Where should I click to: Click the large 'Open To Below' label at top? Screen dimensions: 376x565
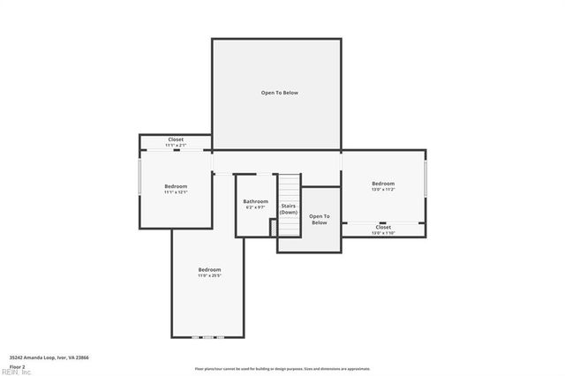click(279, 93)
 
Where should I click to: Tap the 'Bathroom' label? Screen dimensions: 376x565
click(255, 201)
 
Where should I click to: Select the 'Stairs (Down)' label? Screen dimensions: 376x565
click(289, 208)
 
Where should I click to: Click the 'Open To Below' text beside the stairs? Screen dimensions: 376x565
click(319, 219)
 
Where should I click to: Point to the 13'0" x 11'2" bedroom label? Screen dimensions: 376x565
click(382, 184)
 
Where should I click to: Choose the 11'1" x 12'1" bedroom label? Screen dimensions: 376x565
click(176, 186)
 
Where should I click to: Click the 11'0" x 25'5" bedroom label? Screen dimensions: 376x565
click(209, 269)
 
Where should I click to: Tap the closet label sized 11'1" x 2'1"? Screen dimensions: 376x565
click(176, 139)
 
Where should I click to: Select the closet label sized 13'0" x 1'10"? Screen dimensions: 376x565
click(383, 227)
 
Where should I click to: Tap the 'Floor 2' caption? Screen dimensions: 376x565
click(17, 366)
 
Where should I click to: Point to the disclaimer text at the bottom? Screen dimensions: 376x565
click(283, 368)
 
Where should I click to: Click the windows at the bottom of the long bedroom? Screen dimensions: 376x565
click(208, 337)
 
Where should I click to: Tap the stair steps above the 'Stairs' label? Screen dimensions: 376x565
click(290, 187)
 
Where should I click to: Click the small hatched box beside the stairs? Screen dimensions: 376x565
click(274, 228)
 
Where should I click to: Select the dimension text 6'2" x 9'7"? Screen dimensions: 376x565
click(255, 207)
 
